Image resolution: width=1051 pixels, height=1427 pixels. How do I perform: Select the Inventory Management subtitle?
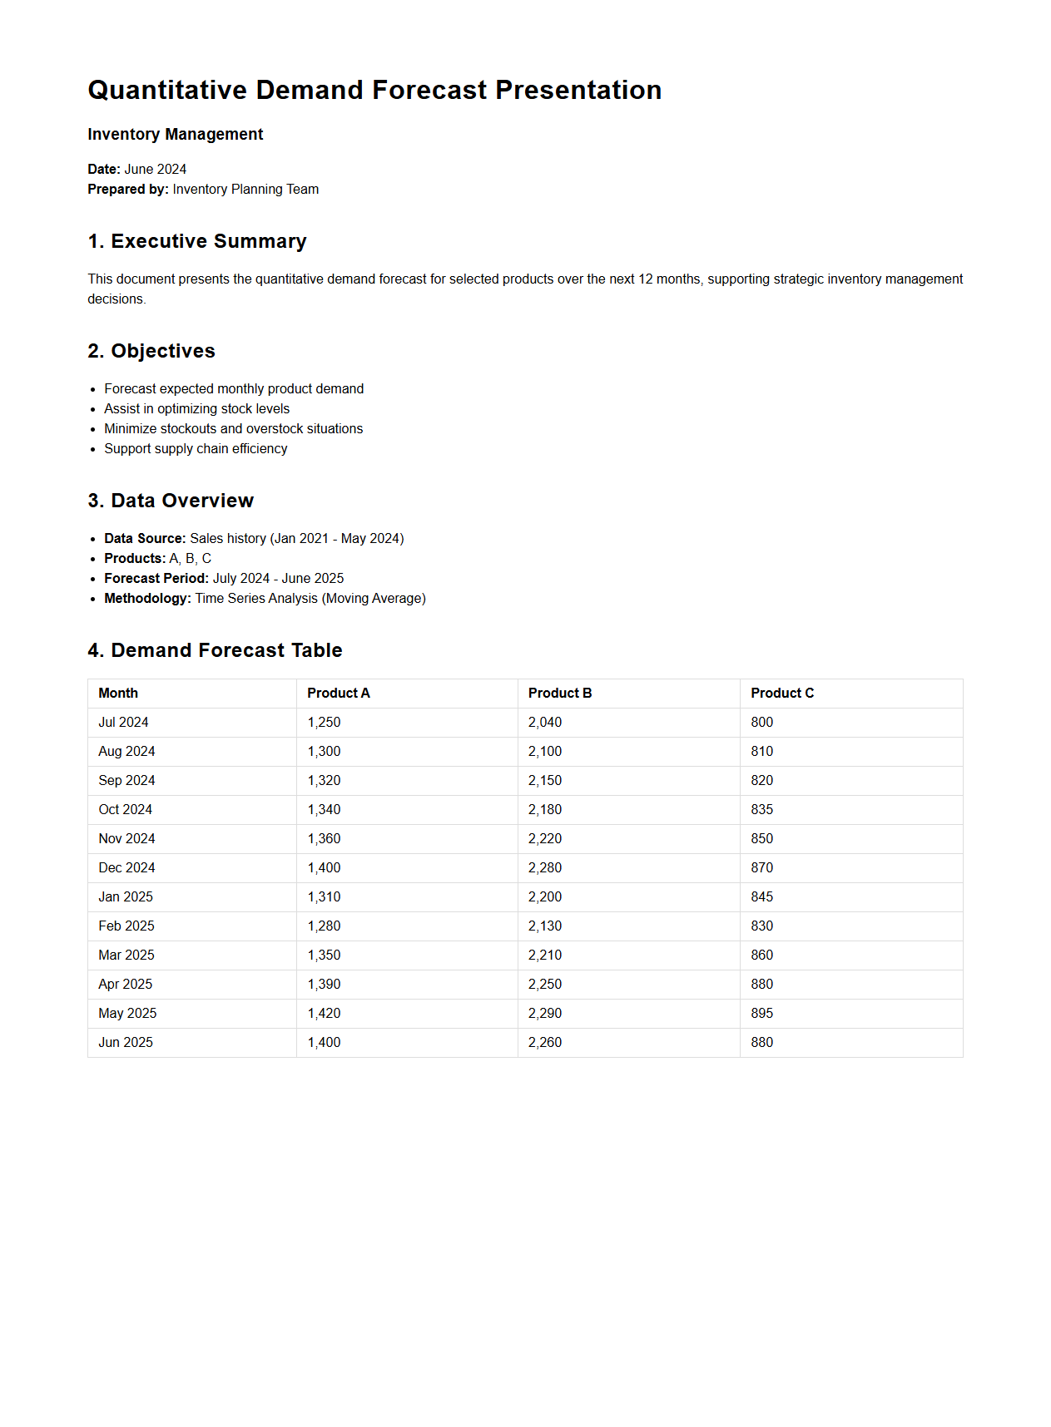coord(175,135)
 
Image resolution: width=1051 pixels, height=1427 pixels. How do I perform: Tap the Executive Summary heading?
coord(196,241)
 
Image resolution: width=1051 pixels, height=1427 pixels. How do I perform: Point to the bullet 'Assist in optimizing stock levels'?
coord(196,409)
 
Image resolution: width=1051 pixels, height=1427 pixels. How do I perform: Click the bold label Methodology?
coord(147,599)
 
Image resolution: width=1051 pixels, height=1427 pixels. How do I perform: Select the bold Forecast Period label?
coord(156,579)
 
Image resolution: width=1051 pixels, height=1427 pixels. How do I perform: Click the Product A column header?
coord(338,694)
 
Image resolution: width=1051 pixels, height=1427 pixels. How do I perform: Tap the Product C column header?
coord(781,694)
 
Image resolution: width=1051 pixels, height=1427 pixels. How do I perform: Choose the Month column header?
coord(118,694)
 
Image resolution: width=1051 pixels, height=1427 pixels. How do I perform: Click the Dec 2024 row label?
coord(126,868)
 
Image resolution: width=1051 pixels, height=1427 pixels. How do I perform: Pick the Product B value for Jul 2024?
coord(545,723)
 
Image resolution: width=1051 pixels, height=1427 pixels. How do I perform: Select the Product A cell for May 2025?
coord(324,1014)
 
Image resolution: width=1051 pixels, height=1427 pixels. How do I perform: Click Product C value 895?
coord(761,1014)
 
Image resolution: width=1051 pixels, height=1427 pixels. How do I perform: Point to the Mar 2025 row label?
coord(126,955)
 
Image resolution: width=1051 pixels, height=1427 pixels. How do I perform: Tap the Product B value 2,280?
coord(545,868)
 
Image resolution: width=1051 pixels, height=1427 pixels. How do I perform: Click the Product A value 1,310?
coord(324,897)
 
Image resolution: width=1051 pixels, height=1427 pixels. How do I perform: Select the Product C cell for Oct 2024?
coord(761,810)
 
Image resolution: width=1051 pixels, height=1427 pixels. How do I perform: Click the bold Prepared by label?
coord(127,190)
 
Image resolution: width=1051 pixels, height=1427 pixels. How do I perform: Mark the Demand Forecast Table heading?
coord(215,650)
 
